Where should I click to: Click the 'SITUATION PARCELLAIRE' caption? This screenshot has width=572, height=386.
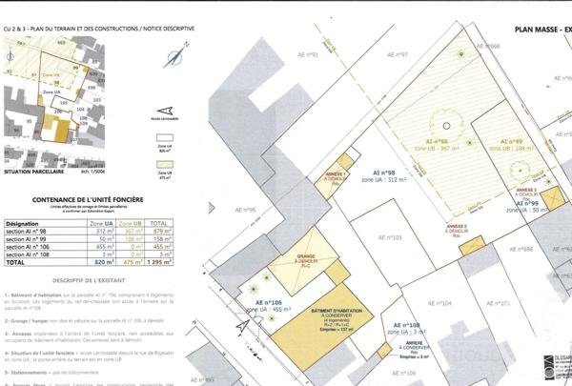click(33, 173)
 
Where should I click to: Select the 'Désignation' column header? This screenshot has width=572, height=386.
click(22, 220)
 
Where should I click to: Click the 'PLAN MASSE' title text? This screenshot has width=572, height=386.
click(537, 30)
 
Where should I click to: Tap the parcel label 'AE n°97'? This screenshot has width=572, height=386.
click(393, 55)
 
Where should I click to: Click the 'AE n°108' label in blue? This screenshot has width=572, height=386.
click(413, 325)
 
